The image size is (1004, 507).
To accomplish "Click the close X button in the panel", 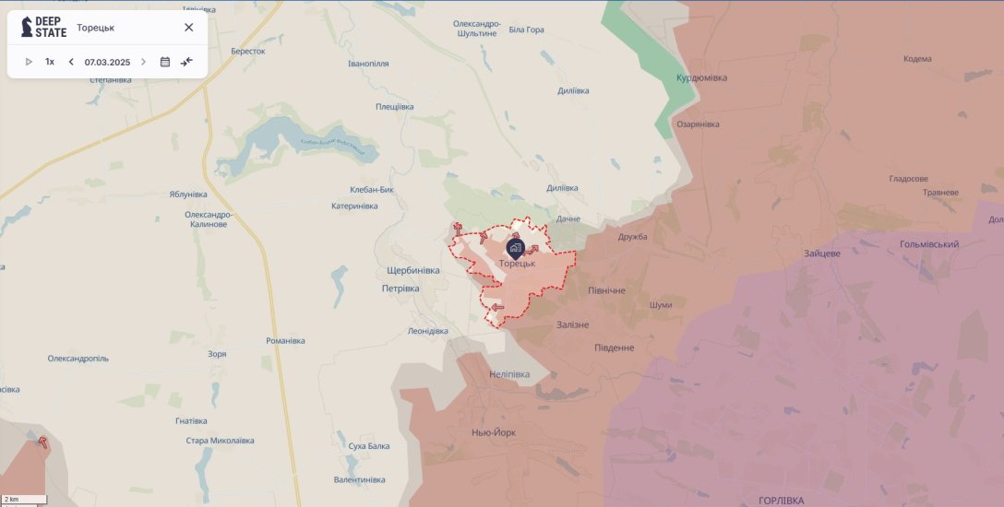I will click(188, 27).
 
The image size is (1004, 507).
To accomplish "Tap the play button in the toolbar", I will click(29, 62).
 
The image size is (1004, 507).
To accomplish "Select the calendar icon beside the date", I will click(165, 62).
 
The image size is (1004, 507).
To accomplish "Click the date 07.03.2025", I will click(107, 62).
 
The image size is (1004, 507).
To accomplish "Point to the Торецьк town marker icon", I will click(516, 247).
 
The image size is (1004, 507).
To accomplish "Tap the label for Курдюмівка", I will click(701, 77).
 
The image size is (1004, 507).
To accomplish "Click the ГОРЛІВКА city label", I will click(781, 500).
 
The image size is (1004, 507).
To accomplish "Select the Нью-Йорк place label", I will click(494, 431).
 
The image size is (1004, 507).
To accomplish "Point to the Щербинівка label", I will click(413, 270).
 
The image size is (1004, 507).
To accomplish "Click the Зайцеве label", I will click(821, 253).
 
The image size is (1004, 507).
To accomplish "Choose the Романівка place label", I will click(285, 340).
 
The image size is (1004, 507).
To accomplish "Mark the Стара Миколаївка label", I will click(220, 441).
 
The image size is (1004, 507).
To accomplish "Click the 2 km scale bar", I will click(23, 500).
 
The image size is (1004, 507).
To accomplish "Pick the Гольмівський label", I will click(928, 244).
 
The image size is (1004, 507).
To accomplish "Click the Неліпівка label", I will click(509, 374).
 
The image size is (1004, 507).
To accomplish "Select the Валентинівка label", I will click(359, 479).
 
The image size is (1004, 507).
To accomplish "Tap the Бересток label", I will click(247, 52).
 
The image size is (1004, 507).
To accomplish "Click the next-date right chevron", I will click(143, 62).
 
